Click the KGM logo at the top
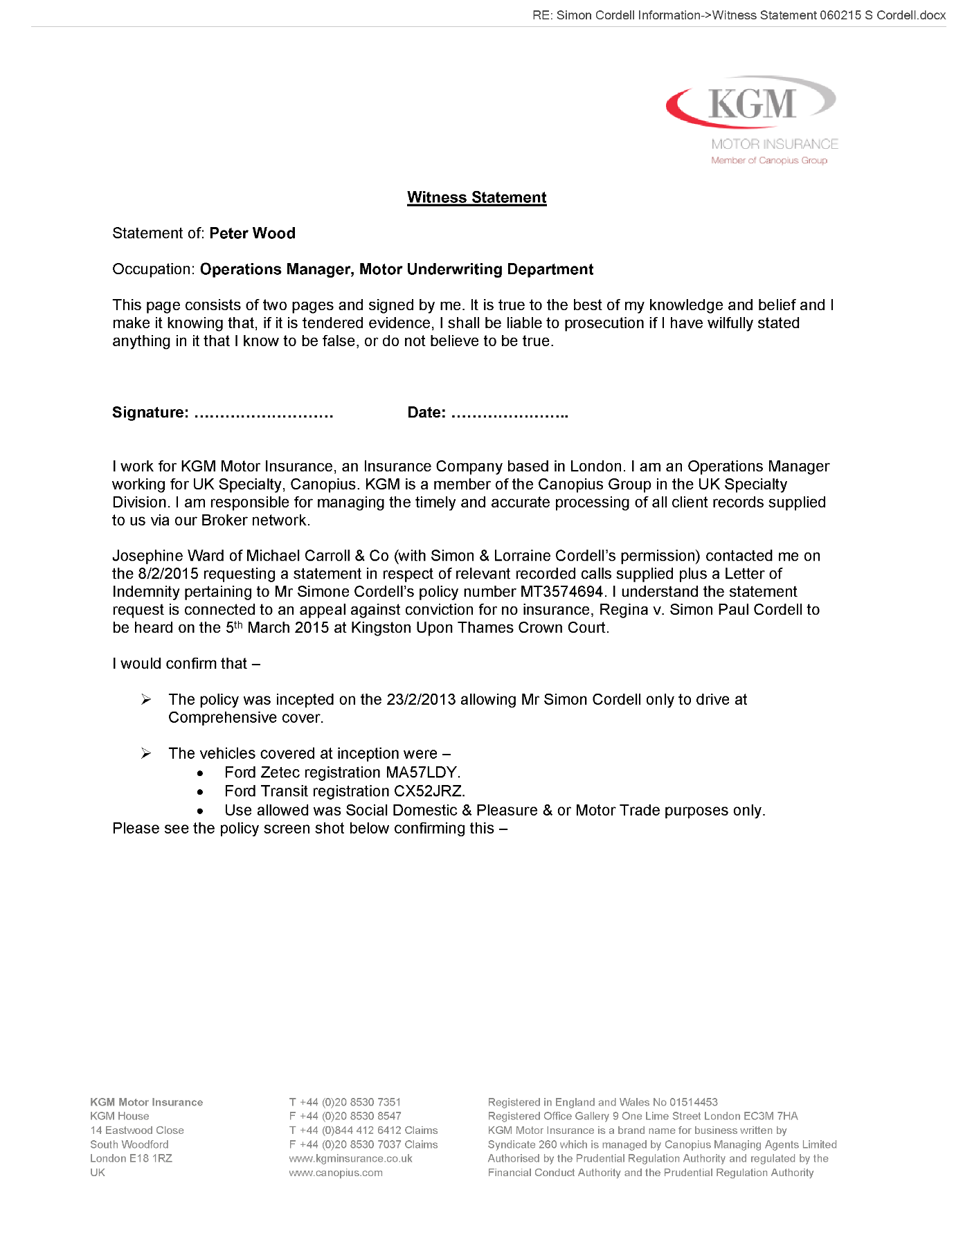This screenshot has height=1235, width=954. point(752,104)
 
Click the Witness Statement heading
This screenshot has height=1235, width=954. point(476,197)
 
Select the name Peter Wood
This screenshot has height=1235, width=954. point(252,233)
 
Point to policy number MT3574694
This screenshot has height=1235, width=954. point(561,592)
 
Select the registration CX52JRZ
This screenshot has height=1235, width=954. point(429,791)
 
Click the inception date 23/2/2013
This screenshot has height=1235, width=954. point(421,700)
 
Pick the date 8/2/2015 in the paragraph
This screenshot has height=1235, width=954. point(168,574)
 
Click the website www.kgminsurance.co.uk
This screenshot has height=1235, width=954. point(350,1158)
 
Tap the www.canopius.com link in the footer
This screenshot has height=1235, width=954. point(336,1173)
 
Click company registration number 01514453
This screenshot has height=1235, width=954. point(693,1102)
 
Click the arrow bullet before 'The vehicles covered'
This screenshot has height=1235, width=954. point(146,753)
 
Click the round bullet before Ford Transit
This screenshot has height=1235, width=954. point(200,792)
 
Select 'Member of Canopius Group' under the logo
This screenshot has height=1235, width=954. point(768,161)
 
